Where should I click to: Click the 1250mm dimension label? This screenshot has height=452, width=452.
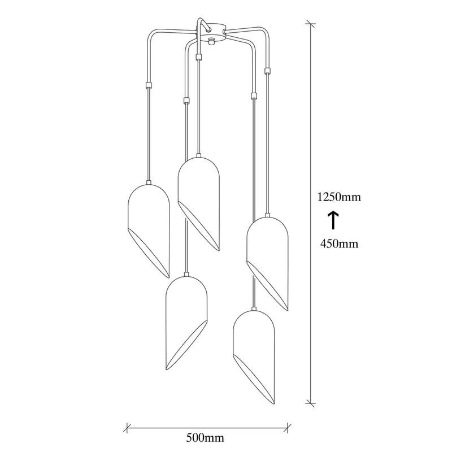coord(339,197)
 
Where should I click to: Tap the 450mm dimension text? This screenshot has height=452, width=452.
coord(340,244)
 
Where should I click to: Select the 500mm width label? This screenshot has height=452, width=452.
coord(205,437)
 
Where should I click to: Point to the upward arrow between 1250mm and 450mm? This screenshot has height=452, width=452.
coord(333,220)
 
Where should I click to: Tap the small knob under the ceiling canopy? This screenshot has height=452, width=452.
coord(212,41)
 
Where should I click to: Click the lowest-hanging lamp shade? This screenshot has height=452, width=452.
coord(254,357)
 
